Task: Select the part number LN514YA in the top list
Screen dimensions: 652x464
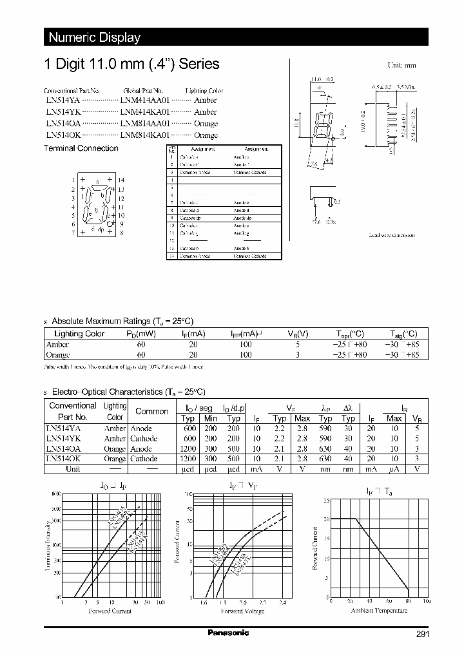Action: click(x=63, y=101)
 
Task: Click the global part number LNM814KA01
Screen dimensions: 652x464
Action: click(x=145, y=135)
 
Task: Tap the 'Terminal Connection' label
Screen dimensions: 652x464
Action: click(x=81, y=148)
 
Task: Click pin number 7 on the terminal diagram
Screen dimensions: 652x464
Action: click(x=73, y=233)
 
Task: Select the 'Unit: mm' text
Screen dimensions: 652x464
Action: click(x=401, y=66)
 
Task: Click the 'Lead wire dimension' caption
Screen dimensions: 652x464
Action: click(x=391, y=235)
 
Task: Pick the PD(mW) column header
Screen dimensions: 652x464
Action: click(x=141, y=334)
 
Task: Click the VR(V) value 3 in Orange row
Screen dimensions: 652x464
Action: click(x=296, y=355)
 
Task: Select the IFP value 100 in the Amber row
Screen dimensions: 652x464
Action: click(x=246, y=345)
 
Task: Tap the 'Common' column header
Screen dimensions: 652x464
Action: click(x=151, y=411)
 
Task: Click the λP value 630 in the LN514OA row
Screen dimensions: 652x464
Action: click(x=326, y=448)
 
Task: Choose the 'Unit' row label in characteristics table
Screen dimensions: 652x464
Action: click(x=73, y=469)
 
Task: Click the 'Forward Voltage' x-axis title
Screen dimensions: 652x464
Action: click(x=242, y=611)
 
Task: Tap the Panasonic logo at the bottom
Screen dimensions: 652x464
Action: click(x=228, y=633)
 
